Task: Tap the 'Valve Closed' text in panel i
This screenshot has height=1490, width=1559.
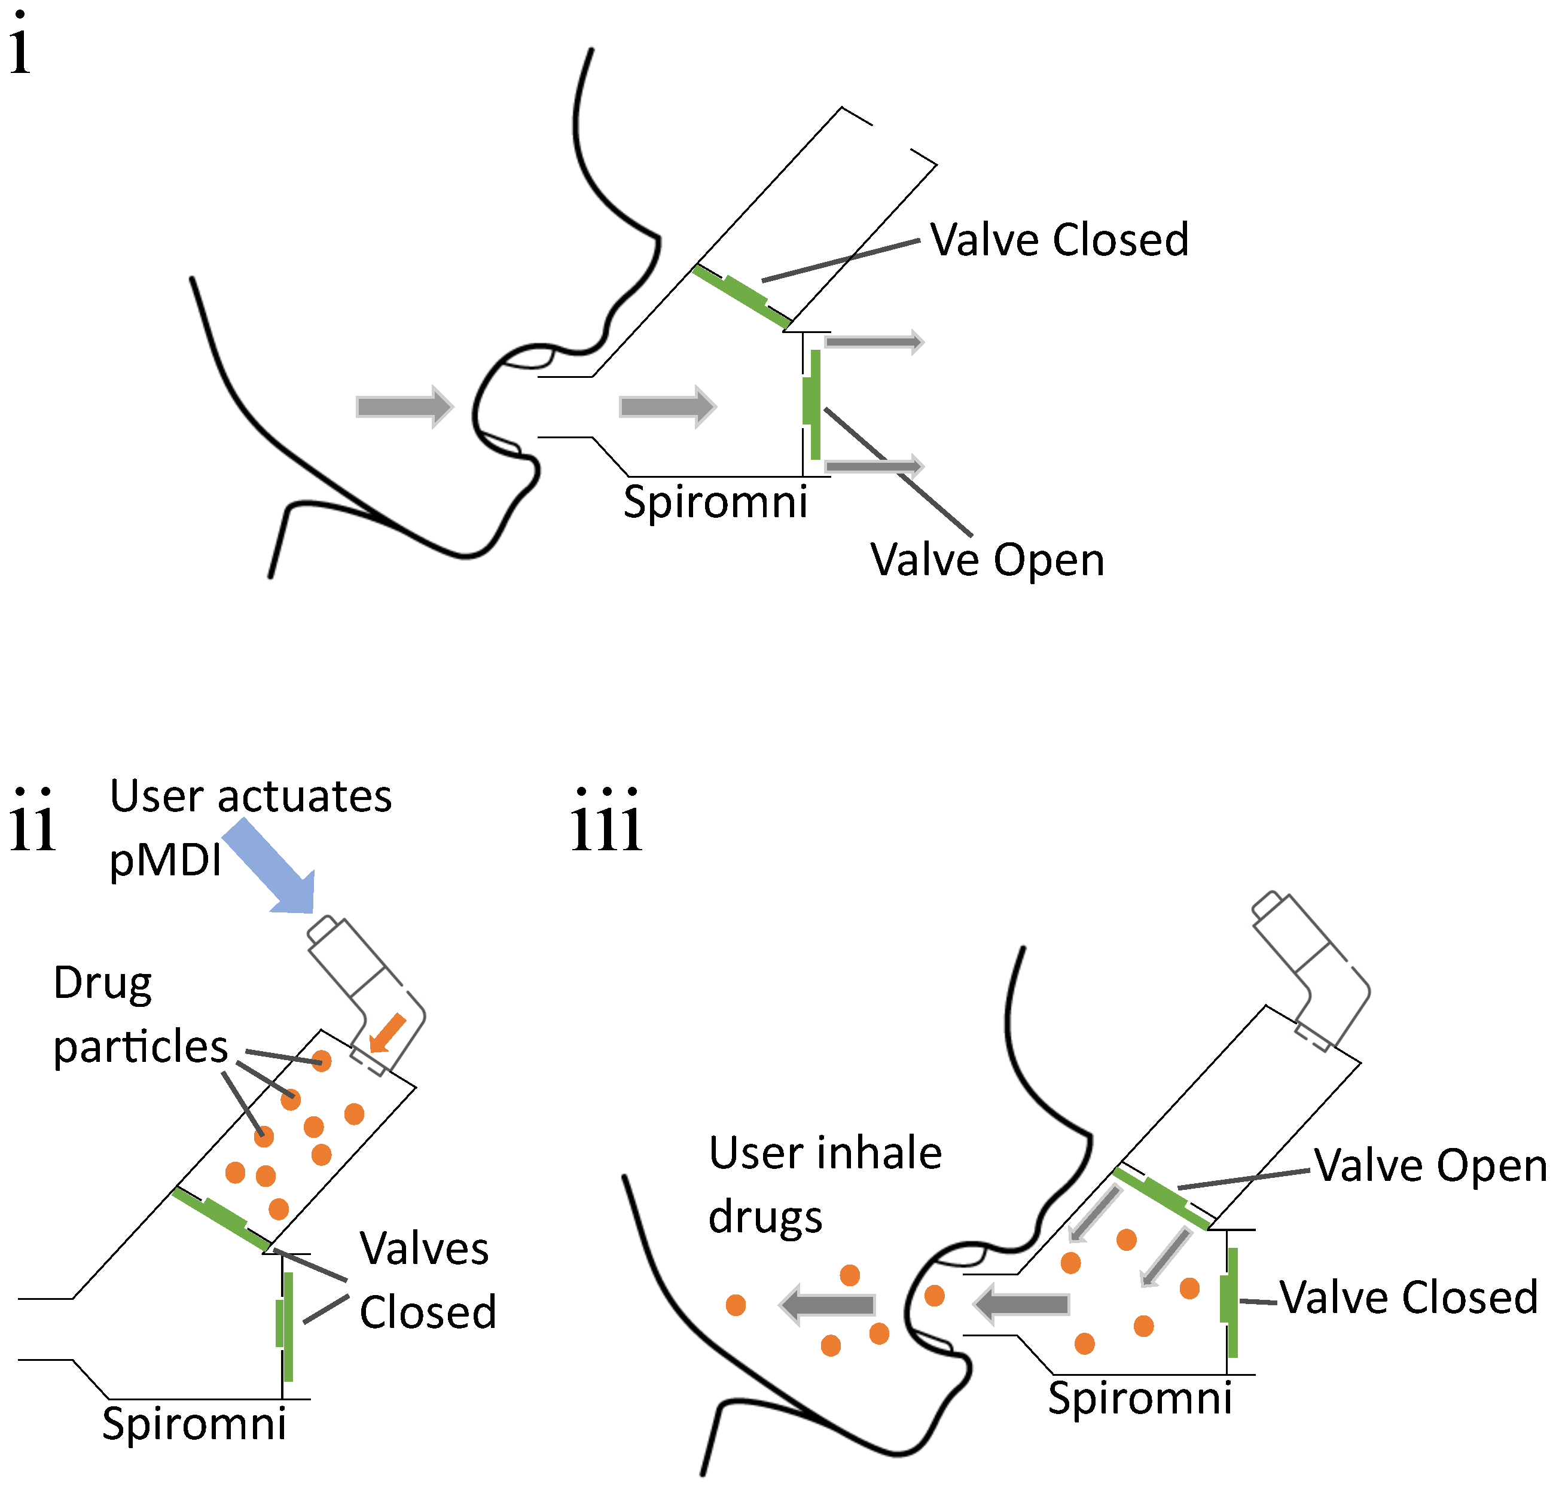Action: [1058, 240]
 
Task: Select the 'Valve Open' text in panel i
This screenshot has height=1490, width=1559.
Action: [987, 560]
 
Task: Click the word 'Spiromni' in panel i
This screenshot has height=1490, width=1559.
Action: [715, 502]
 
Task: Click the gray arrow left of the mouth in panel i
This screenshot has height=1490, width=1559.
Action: [404, 407]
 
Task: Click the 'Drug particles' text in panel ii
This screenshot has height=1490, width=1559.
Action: [139, 1015]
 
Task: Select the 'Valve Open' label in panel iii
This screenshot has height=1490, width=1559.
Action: [1430, 1166]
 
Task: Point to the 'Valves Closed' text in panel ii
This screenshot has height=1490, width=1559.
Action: [426, 1280]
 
